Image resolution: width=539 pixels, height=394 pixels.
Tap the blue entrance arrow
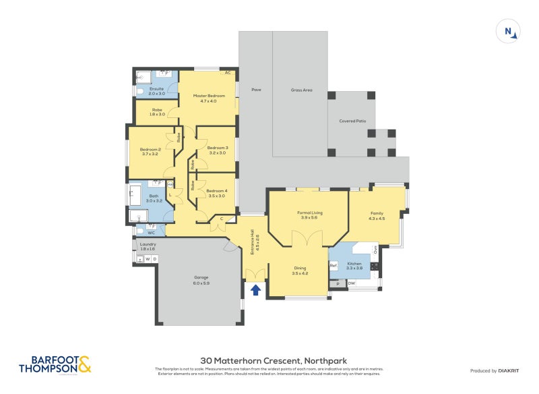click(255, 290)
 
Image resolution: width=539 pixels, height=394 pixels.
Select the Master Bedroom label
click(209, 98)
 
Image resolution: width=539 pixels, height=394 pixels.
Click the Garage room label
click(201, 280)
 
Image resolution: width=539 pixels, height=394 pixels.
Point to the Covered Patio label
click(352, 121)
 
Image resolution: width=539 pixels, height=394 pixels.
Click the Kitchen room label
click(354, 266)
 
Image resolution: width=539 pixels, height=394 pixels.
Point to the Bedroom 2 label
click(150, 152)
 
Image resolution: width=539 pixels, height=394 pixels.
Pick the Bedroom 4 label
click(216, 193)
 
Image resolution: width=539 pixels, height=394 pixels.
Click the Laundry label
click(148, 246)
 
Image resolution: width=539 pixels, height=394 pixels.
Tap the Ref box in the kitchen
click(333, 266)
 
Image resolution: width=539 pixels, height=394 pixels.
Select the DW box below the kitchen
click(352, 284)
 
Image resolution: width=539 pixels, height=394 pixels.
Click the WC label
click(152, 233)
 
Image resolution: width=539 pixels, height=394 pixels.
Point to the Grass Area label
click(301, 90)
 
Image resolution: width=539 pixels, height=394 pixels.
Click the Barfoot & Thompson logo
click(55, 365)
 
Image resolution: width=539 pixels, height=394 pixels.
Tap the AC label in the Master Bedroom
click(228, 72)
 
